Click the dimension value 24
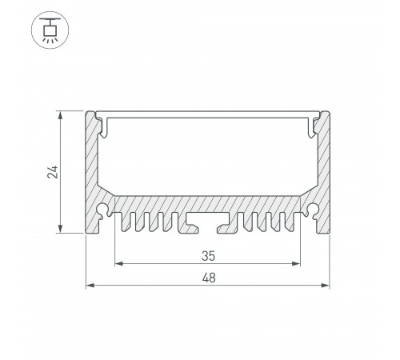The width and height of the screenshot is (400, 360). [x=50, y=172]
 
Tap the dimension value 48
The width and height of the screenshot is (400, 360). [x=208, y=278]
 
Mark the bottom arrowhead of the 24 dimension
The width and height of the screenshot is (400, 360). [x=60, y=230]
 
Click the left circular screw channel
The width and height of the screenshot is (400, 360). [x=104, y=210]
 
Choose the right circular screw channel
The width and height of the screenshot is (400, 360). [x=311, y=210]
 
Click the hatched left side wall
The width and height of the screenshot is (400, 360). [x=91, y=168]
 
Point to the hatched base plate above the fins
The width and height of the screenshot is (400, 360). [x=207, y=203]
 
